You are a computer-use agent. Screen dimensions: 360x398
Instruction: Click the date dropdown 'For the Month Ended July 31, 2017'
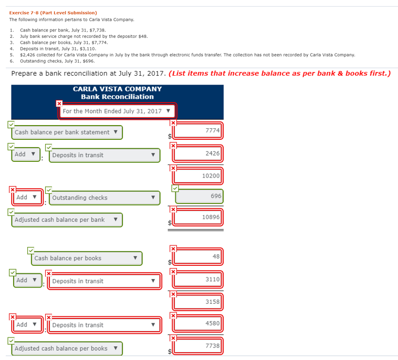coord(117,111)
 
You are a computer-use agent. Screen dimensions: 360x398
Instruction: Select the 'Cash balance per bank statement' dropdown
coord(67,132)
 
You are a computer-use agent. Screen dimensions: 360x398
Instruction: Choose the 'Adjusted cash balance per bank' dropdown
coord(66,220)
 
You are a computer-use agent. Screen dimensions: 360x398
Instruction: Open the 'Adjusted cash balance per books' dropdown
coord(66,348)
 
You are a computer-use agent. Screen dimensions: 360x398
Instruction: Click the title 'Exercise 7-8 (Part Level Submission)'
coord(53,12)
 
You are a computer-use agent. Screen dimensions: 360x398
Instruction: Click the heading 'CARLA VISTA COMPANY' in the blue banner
coord(117,89)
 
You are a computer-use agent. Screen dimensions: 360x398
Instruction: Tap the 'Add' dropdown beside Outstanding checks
coord(26,198)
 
